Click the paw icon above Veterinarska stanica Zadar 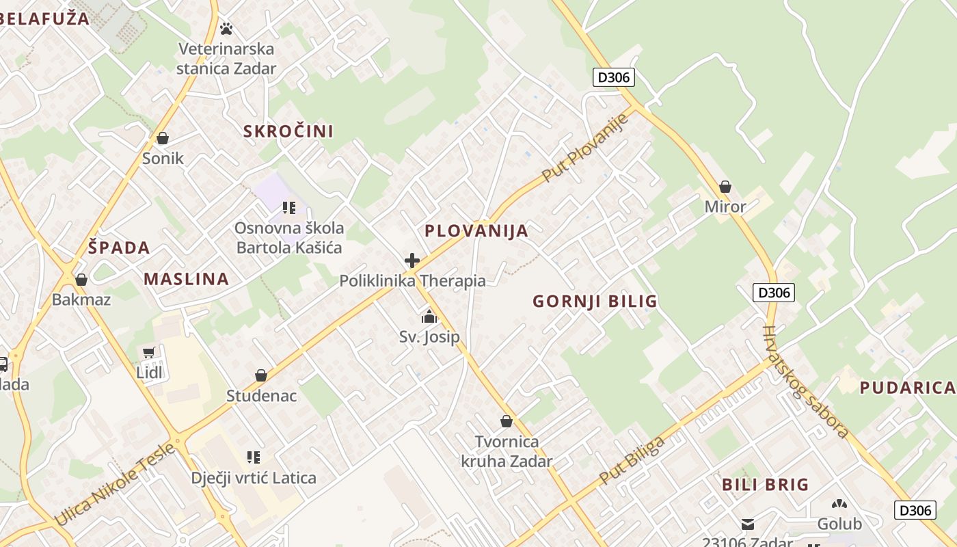(x=226, y=29)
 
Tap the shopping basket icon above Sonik (x=163, y=139)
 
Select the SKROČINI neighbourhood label (x=288, y=131)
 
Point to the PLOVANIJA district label (x=476, y=231)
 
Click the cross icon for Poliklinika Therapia (x=412, y=261)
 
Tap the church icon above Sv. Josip (x=429, y=317)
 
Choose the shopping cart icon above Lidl (x=149, y=353)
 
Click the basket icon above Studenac (x=260, y=375)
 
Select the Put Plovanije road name (x=584, y=148)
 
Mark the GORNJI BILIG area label (x=595, y=301)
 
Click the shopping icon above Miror (x=725, y=187)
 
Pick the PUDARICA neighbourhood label (x=906, y=388)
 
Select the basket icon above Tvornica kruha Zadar (x=507, y=421)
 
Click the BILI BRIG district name (x=766, y=485)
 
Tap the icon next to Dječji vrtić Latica (x=254, y=457)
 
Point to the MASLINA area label (x=186, y=279)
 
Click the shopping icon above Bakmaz (x=81, y=280)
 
